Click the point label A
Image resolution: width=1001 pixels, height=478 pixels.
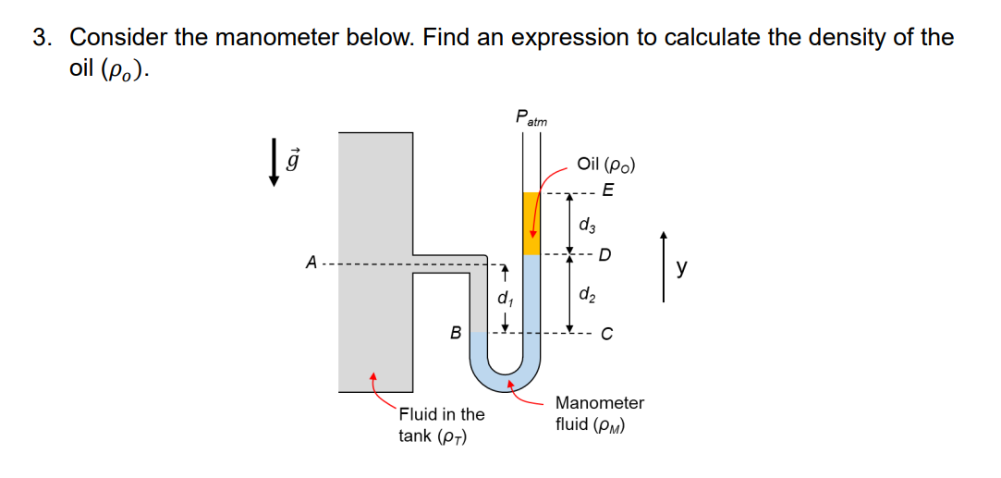point(311,263)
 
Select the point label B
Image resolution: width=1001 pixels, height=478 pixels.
point(455,331)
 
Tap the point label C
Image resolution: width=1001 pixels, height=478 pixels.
point(606,335)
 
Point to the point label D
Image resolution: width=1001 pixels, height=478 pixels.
point(605,254)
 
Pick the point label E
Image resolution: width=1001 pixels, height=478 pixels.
point(606,192)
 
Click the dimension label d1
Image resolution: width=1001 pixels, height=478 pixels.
point(504,299)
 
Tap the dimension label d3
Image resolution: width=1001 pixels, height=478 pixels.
point(587,225)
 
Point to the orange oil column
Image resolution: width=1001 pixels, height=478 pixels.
point(531,223)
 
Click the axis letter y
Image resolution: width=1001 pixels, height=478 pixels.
point(681,267)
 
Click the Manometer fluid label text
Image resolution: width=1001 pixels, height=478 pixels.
point(599,413)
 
